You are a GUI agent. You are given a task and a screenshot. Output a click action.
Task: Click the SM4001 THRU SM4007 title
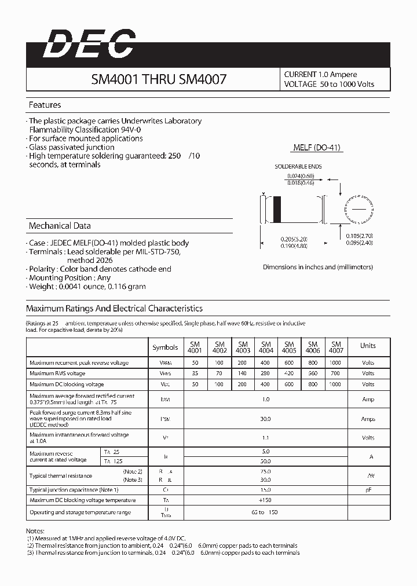(x=159, y=79)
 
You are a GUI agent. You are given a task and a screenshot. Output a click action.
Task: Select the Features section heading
(x=45, y=105)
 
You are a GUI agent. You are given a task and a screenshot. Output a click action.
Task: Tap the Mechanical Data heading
(x=60, y=226)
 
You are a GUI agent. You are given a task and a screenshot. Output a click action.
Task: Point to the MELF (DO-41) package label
(x=317, y=148)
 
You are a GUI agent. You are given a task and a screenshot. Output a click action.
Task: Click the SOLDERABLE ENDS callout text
(x=298, y=167)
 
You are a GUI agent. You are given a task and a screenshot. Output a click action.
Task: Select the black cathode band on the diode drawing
(x=277, y=208)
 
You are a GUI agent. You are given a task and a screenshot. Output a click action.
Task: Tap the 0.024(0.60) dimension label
(x=301, y=175)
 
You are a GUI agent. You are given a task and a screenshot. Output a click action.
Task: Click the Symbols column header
(x=165, y=347)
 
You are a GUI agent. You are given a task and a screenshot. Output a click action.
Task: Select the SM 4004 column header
(x=266, y=347)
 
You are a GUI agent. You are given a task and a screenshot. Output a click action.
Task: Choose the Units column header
(x=368, y=346)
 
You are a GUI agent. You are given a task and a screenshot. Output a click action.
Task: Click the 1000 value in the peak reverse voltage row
(x=336, y=363)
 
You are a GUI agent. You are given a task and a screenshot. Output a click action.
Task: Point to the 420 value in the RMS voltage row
(x=289, y=373)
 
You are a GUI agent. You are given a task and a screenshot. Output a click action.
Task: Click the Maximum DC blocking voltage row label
(x=67, y=384)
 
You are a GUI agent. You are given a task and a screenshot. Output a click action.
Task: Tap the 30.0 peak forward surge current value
(x=266, y=419)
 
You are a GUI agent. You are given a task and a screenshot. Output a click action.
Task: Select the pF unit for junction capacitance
(x=368, y=490)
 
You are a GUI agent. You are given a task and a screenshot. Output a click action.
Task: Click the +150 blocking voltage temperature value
(x=266, y=500)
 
